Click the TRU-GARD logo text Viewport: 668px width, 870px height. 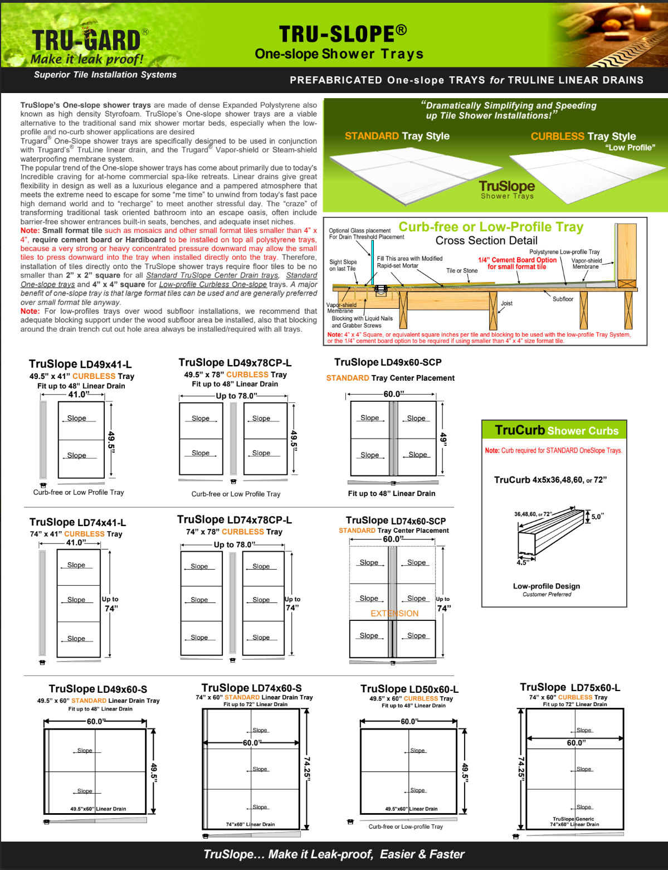pos(86,41)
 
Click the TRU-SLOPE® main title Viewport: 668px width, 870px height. pos(343,34)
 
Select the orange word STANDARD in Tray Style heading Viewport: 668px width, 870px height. pos(372,136)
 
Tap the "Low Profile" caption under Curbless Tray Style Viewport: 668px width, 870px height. pos(630,148)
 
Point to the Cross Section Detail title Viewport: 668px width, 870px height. pos(486,241)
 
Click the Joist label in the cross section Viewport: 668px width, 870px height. pos(506,304)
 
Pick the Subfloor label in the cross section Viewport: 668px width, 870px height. pos(563,299)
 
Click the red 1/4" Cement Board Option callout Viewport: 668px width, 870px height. pos(517,260)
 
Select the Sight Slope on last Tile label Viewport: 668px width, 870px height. pos(343,265)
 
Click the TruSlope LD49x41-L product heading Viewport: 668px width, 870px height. pos(80,364)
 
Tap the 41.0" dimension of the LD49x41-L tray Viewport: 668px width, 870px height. pos(78,395)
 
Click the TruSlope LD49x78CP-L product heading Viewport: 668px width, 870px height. pos(235,363)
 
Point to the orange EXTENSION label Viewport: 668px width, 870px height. pos(394,614)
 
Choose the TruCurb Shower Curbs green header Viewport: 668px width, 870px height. pos(556,430)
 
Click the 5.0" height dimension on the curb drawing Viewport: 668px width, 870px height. pos(597,517)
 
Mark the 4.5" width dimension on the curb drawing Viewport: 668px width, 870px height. pos(522,562)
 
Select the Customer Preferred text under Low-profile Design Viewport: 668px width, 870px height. pos(547,595)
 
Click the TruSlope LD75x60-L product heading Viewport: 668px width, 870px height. pos(569,688)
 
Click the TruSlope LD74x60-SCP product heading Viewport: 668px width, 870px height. pos(396,521)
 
